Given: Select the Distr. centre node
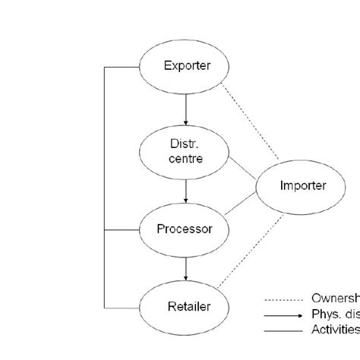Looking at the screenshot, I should (186, 153).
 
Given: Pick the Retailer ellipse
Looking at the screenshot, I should (186, 307).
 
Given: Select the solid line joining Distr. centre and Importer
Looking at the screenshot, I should (242, 169).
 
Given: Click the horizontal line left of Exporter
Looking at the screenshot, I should (122, 67).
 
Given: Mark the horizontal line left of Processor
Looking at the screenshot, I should (122, 229).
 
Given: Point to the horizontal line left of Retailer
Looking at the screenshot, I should (122, 308).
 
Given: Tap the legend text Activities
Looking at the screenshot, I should (335, 330).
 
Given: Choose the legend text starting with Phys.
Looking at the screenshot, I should (335, 314).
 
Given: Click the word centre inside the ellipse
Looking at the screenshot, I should (187, 159).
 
